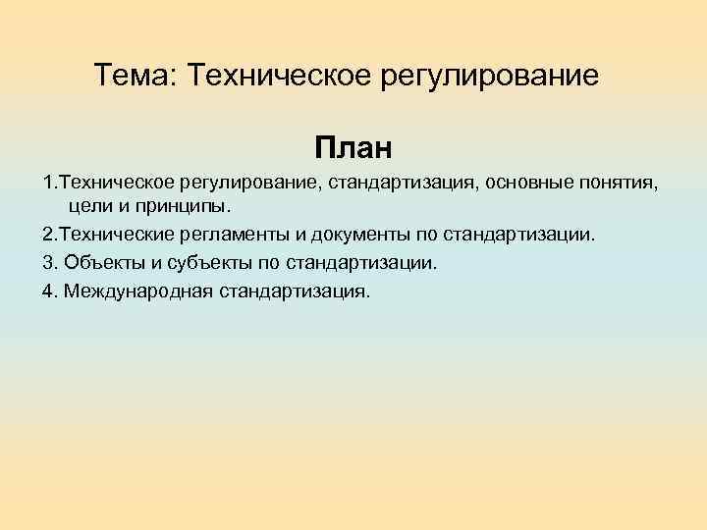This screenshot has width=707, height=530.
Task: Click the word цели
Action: tap(91, 208)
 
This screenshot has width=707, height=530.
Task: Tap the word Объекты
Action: tap(98, 263)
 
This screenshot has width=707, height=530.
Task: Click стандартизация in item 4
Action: tap(296, 291)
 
